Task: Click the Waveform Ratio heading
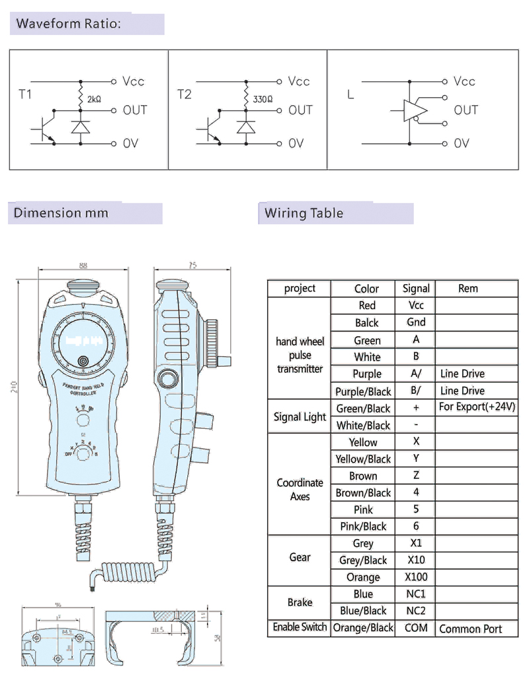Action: pyautogui.click(x=68, y=24)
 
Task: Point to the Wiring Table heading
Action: pyautogui.click(x=304, y=213)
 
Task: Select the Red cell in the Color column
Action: pyautogui.click(x=366, y=305)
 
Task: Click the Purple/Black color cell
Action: pyautogui.click(x=363, y=391)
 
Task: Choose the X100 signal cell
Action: pyautogui.click(x=416, y=577)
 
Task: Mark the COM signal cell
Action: pyautogui.click(x=416, y=628)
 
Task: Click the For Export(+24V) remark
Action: pyautogui.click(x=477, y=406)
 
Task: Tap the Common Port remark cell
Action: pyautogui.click(x=470, y=629)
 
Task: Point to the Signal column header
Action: pyautogui.click(x=416, y=288)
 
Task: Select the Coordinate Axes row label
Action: pyautogui.click(x=300, y=489)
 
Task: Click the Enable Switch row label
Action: pyautogui.click(x=300, y=626)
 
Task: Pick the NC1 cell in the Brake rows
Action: pyautogui.click(x=416, y=593)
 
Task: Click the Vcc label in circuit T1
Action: pyautogui.click(x=133, y=81)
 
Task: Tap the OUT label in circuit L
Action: pyautogui.click(x=466, y=110)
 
